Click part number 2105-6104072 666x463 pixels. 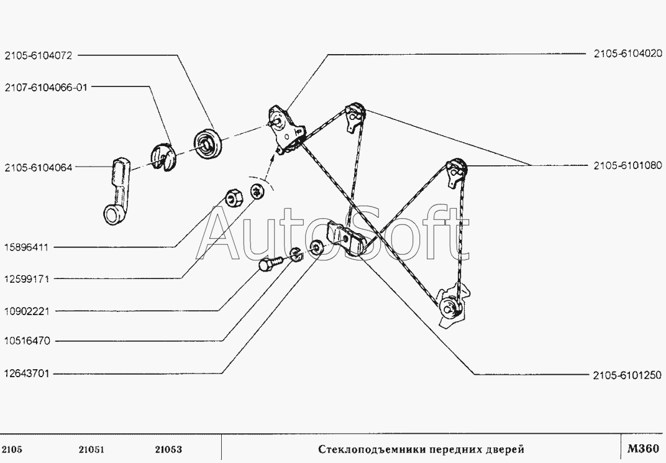tap(39, 55)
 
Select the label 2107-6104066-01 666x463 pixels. tap(47, 88)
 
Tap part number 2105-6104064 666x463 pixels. tap(39, 167)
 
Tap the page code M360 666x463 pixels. tap(642, 449)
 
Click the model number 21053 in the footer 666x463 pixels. tap(169, 449)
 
